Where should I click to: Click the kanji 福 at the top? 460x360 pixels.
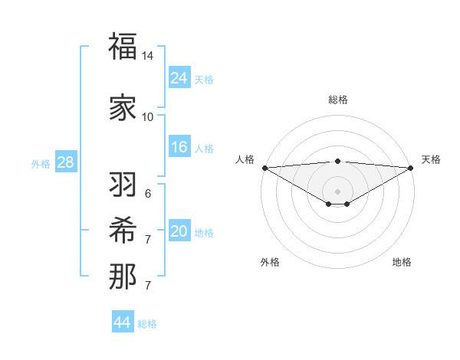(x=123, y=47)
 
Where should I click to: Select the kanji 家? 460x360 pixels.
(x=123, y=108)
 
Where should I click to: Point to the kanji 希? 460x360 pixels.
(x=123, y=231)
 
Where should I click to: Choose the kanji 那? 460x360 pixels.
(x=123, y=277)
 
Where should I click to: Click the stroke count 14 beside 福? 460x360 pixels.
(x=147, y=57)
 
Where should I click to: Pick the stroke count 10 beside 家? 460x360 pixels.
(x=147, y=117)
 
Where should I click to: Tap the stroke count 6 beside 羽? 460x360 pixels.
(x=147, y=194)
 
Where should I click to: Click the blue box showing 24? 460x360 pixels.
(x=179, y=78)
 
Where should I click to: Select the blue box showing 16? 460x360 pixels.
(x=179, y=147)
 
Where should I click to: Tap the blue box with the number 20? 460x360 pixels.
(x=179, y=231)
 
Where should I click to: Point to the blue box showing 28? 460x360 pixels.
(x=65, y=162)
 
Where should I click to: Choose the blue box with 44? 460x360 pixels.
(x=123, y=322)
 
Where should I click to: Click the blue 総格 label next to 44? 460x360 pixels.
(x=147, y=324)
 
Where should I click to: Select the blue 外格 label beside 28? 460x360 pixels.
(x=41, y=163)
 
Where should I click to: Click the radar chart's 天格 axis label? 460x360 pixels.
(x=431, y=159)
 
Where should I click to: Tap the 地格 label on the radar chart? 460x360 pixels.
(x=402, y=262)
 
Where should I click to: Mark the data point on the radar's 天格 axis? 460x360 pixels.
(x=411, y=168)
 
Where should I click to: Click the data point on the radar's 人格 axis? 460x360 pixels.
(x=264, y=168)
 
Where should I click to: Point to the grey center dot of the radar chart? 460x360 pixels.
(x=337, y=190)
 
